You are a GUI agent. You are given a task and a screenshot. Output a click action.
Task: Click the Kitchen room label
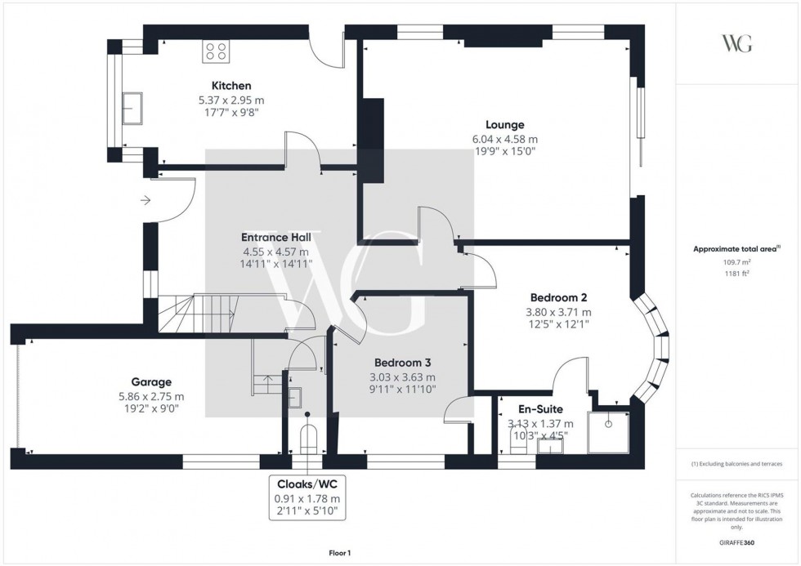[x=230, y=86]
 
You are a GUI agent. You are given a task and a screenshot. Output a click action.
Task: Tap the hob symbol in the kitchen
[x=217, y=52]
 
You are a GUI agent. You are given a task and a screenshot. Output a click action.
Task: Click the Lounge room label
[x=504, y=125]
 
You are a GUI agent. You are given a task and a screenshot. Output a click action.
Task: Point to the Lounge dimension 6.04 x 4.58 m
[x=504, y=139]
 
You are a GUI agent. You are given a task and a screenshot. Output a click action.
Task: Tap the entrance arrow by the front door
[x=145, y=198]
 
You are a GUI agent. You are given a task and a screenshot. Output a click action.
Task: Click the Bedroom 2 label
[x=559, y=297]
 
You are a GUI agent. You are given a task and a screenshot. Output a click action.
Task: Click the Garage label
[x=151, y=381]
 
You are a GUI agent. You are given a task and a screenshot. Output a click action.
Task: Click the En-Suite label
[x=540, y=409]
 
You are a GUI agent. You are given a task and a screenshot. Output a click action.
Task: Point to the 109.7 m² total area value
[x=737, y=262]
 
